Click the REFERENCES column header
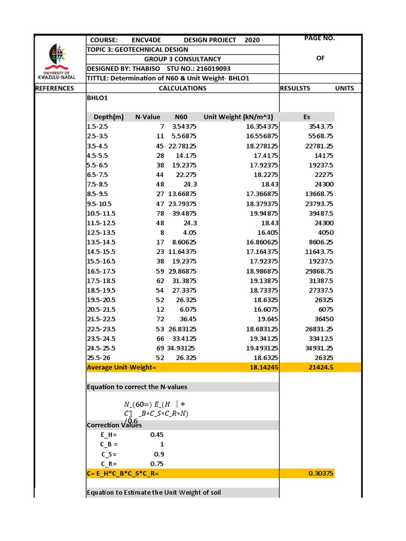54,88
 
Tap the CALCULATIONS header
182,88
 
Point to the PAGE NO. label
320,38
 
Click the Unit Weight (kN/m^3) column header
238,117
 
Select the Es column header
307,117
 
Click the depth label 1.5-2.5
97,127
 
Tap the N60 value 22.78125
182,146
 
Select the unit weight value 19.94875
262,213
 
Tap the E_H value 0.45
157,435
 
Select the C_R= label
108,464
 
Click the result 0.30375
320,473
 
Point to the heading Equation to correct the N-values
136,387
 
